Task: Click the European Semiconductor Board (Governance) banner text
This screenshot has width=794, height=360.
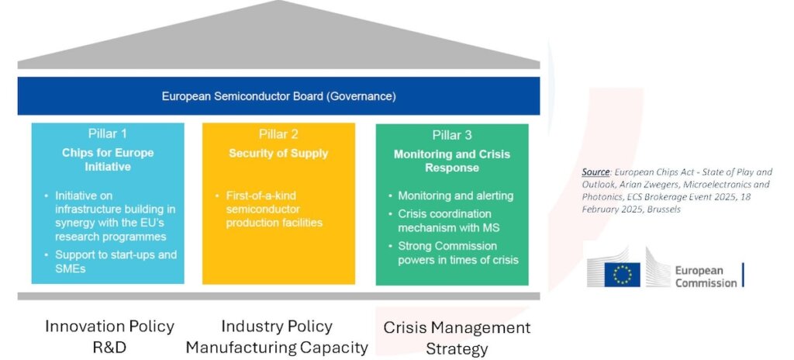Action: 278,96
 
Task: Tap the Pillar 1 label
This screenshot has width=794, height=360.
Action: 108,134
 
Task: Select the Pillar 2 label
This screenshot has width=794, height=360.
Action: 278,134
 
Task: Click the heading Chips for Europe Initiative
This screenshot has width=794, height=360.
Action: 108,159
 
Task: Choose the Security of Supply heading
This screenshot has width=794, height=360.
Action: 278,153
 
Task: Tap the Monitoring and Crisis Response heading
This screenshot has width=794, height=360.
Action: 451,161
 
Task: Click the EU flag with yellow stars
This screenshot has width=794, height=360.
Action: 622,274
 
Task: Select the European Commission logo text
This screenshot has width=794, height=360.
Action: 705,276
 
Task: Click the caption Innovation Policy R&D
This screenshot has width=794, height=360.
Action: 109,336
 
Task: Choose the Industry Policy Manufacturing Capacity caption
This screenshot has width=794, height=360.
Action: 277,336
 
